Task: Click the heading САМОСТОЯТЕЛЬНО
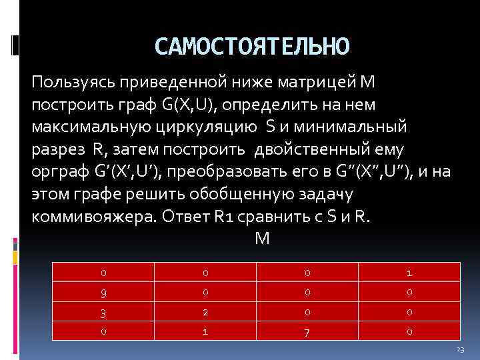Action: pyautogui.click(x=251, y=46)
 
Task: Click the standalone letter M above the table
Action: pyautogui.click(x=261, y=238)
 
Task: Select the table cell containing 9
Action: pyautogui.click(x=104, y=291)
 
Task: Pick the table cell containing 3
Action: pyautogui.click(x=104, y=311)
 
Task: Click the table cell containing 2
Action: pyautogui.click(x=206, y=311)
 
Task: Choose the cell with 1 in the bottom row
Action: pyautogui.click(x=206, y=330)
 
